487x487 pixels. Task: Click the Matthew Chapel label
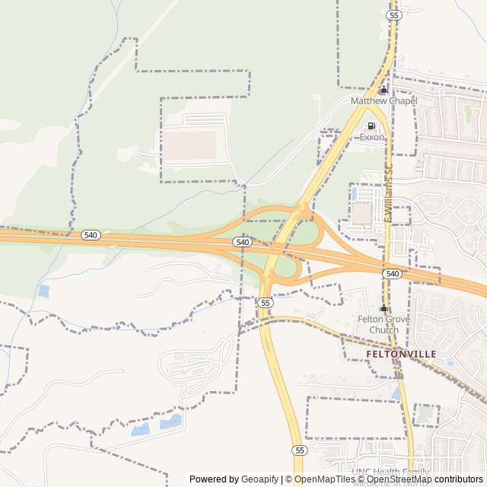pyautogui.click(x=384, y=101)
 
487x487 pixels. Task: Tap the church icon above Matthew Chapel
pyautogui.click(x=384, y=90)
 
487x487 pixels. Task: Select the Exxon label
pyautogui.click(x=371, y=138)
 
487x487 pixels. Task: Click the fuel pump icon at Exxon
pyautogui.click(x=371, y=126)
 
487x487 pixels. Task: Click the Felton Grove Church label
pyautogui.click(x=384, y=325)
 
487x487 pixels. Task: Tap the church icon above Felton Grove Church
pyautogui.click(x=384, y=308)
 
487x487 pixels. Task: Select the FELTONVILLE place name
pyautogui.click(x=401, y=355)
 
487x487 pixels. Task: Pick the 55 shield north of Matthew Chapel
pyautogui.click(x=393, y=14)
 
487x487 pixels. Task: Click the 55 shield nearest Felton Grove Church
pyautogui.click(x=265, y=302)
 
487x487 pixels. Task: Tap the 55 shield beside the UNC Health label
pyautogui.click(x=299, y=450)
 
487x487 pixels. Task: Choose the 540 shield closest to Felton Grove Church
pyautogui.click(x=392, y=273)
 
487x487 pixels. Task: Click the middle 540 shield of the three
pyautogui.click(x=242, y=242)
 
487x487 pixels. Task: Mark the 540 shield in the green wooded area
pyautogui.click(x=91, y=235)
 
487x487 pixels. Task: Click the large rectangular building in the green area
pyautogui.click(x=191, y=145)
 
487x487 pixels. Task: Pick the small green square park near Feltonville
pyautogui.click(x=425, y=415)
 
